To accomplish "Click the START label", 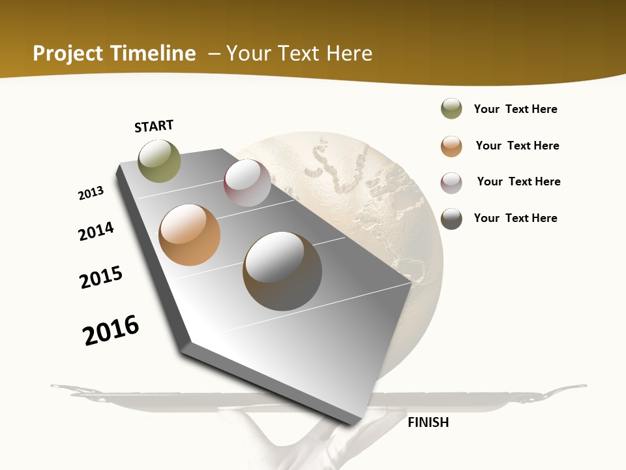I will (154, 126).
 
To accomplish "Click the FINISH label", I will (428, 422).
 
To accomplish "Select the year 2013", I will (91, 193).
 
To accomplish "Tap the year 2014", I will (96, 231).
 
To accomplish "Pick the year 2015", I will (101, 277).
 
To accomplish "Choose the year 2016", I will (111, 330).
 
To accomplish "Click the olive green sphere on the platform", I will (160, 161).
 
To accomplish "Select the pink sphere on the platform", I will (247, 183).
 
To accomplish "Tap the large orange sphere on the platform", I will (190, 235).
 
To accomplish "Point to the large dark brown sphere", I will (282, 271).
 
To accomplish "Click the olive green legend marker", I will (451, 108).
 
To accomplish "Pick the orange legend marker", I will (451, 146).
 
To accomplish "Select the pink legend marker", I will (451, 182).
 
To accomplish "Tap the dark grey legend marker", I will (451, 219).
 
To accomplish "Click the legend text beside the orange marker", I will (517, 146).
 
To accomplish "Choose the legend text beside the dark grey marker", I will (515, 218).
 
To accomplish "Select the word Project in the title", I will (68, 54).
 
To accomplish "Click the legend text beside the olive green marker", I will (515, 109).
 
